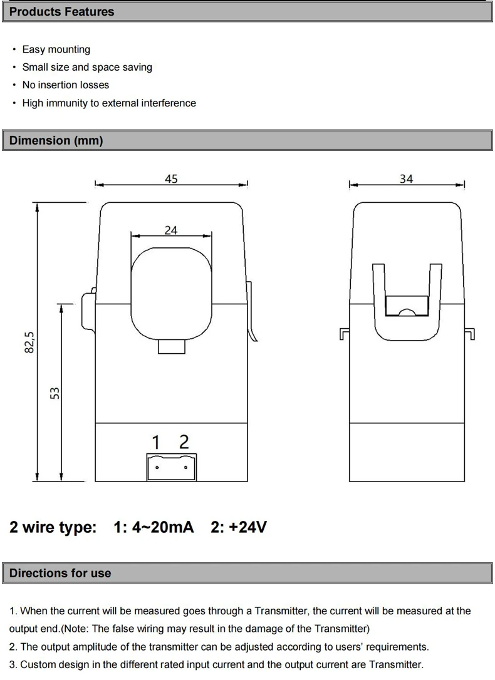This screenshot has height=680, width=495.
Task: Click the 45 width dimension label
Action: (x=171, y=178)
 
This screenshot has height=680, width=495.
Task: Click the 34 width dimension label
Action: (x=407, y=178)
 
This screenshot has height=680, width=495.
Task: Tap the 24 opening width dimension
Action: (x=171, y=230)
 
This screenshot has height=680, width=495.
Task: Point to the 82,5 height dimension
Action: (x=29, y=342)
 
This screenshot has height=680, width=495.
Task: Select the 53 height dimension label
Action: (x=55, y=393)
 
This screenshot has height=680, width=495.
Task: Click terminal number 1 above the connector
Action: (x=156, y=442)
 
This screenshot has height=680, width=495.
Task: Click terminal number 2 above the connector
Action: (x=184, y=442)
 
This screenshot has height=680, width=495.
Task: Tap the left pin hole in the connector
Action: (x=157, y=468)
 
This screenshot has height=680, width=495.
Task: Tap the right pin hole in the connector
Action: (x=185, y=468)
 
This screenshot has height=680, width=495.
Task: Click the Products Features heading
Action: (x=61, y=12)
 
